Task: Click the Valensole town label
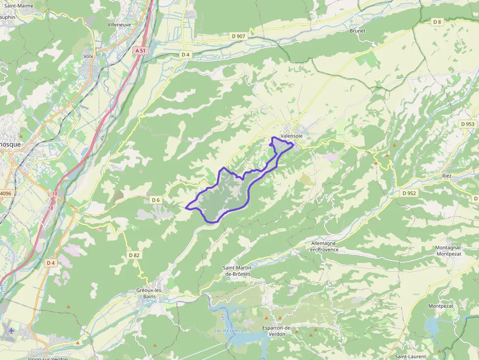(x=292, y=136)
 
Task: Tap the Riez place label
(x=447, y=175)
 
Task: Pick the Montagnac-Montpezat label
(x=452, y=251)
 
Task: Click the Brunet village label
(x=357, y=31)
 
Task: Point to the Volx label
(x=88, y=56)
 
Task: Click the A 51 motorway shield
(x=140, y=50)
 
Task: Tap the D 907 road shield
(x=239, y=36)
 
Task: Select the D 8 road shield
(x=437, y=22)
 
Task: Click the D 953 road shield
(x=467, y=124)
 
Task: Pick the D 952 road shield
(x=409, y=193)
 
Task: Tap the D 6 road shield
(x=156, y=200)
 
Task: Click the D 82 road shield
(x=134, y=255)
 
